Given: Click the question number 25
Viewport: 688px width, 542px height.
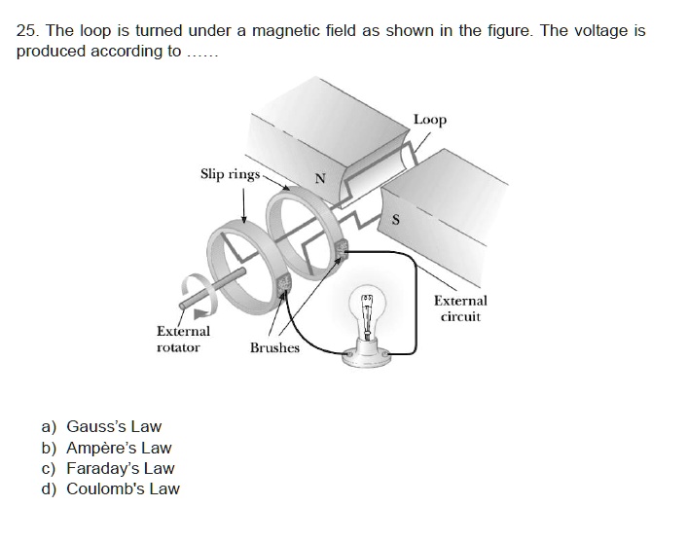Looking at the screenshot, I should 26,31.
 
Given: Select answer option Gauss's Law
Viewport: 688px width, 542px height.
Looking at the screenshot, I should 113,426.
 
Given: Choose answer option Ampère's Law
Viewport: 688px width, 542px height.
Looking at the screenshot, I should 118,448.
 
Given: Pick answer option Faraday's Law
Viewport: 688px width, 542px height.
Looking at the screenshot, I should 120,468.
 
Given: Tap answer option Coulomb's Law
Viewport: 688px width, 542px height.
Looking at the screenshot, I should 122,488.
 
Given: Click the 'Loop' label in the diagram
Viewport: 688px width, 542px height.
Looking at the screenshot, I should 430,120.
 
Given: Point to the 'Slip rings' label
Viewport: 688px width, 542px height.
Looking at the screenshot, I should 230,174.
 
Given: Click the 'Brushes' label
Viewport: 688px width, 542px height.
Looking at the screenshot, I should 274,347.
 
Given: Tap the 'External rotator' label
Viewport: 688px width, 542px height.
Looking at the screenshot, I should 183,339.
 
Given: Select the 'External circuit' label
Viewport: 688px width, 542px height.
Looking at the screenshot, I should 460,308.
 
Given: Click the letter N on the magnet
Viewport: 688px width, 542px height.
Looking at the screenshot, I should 318,177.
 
